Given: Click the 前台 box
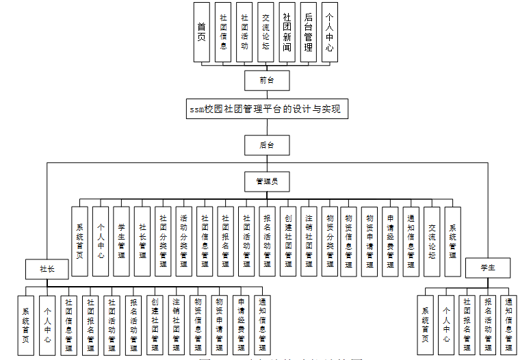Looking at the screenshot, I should point(267,80).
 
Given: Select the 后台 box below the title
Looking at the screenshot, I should point(267,145).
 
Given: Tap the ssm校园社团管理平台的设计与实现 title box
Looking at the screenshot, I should point(264,109).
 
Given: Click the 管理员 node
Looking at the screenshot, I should point(267,181).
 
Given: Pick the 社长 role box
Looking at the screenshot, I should point(47,268).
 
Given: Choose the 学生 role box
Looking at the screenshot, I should point(488,268).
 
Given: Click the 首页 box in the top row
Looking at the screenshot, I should point(202,33).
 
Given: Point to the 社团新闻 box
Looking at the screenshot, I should point(287,33).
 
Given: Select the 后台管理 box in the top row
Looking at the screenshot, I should point(308,33).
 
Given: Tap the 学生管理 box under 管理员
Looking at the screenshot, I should point(121,241).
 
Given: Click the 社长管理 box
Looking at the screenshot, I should point(142,241).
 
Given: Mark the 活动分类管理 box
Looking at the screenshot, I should point(184,241).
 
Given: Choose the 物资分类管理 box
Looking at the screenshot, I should point(328,241).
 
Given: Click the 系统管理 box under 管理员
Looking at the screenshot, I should point(452,241).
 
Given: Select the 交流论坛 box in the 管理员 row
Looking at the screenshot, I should point(432,241).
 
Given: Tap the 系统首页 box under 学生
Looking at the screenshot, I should point(425,324).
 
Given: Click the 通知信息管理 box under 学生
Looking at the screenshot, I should point(508,324).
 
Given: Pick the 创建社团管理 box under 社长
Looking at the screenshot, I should point(155,324).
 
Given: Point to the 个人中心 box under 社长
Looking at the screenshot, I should point(47,324).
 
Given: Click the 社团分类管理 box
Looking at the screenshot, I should point(163,241).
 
